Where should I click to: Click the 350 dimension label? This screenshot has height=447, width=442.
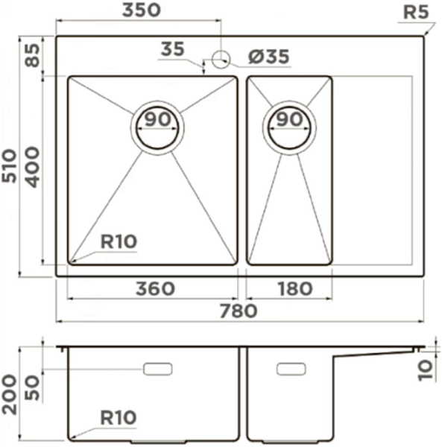tap(142, 10)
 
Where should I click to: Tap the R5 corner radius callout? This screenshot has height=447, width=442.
tap(416, 12)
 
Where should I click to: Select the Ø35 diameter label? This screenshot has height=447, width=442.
tap(268, 57)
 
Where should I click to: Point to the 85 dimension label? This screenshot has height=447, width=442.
tap(32, 55)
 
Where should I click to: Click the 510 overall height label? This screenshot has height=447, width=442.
tap(9, 165)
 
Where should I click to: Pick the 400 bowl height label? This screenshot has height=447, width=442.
tap(31, 167)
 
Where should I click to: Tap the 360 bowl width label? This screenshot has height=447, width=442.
tap(155, 288)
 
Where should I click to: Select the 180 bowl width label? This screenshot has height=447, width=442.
tap(295, 288)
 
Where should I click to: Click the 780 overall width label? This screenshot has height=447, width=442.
tap(239, 311)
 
